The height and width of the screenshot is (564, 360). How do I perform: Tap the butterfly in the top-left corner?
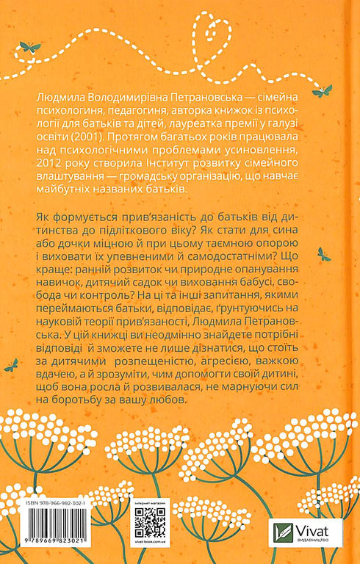pyautogui.click(x=30, y=47)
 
